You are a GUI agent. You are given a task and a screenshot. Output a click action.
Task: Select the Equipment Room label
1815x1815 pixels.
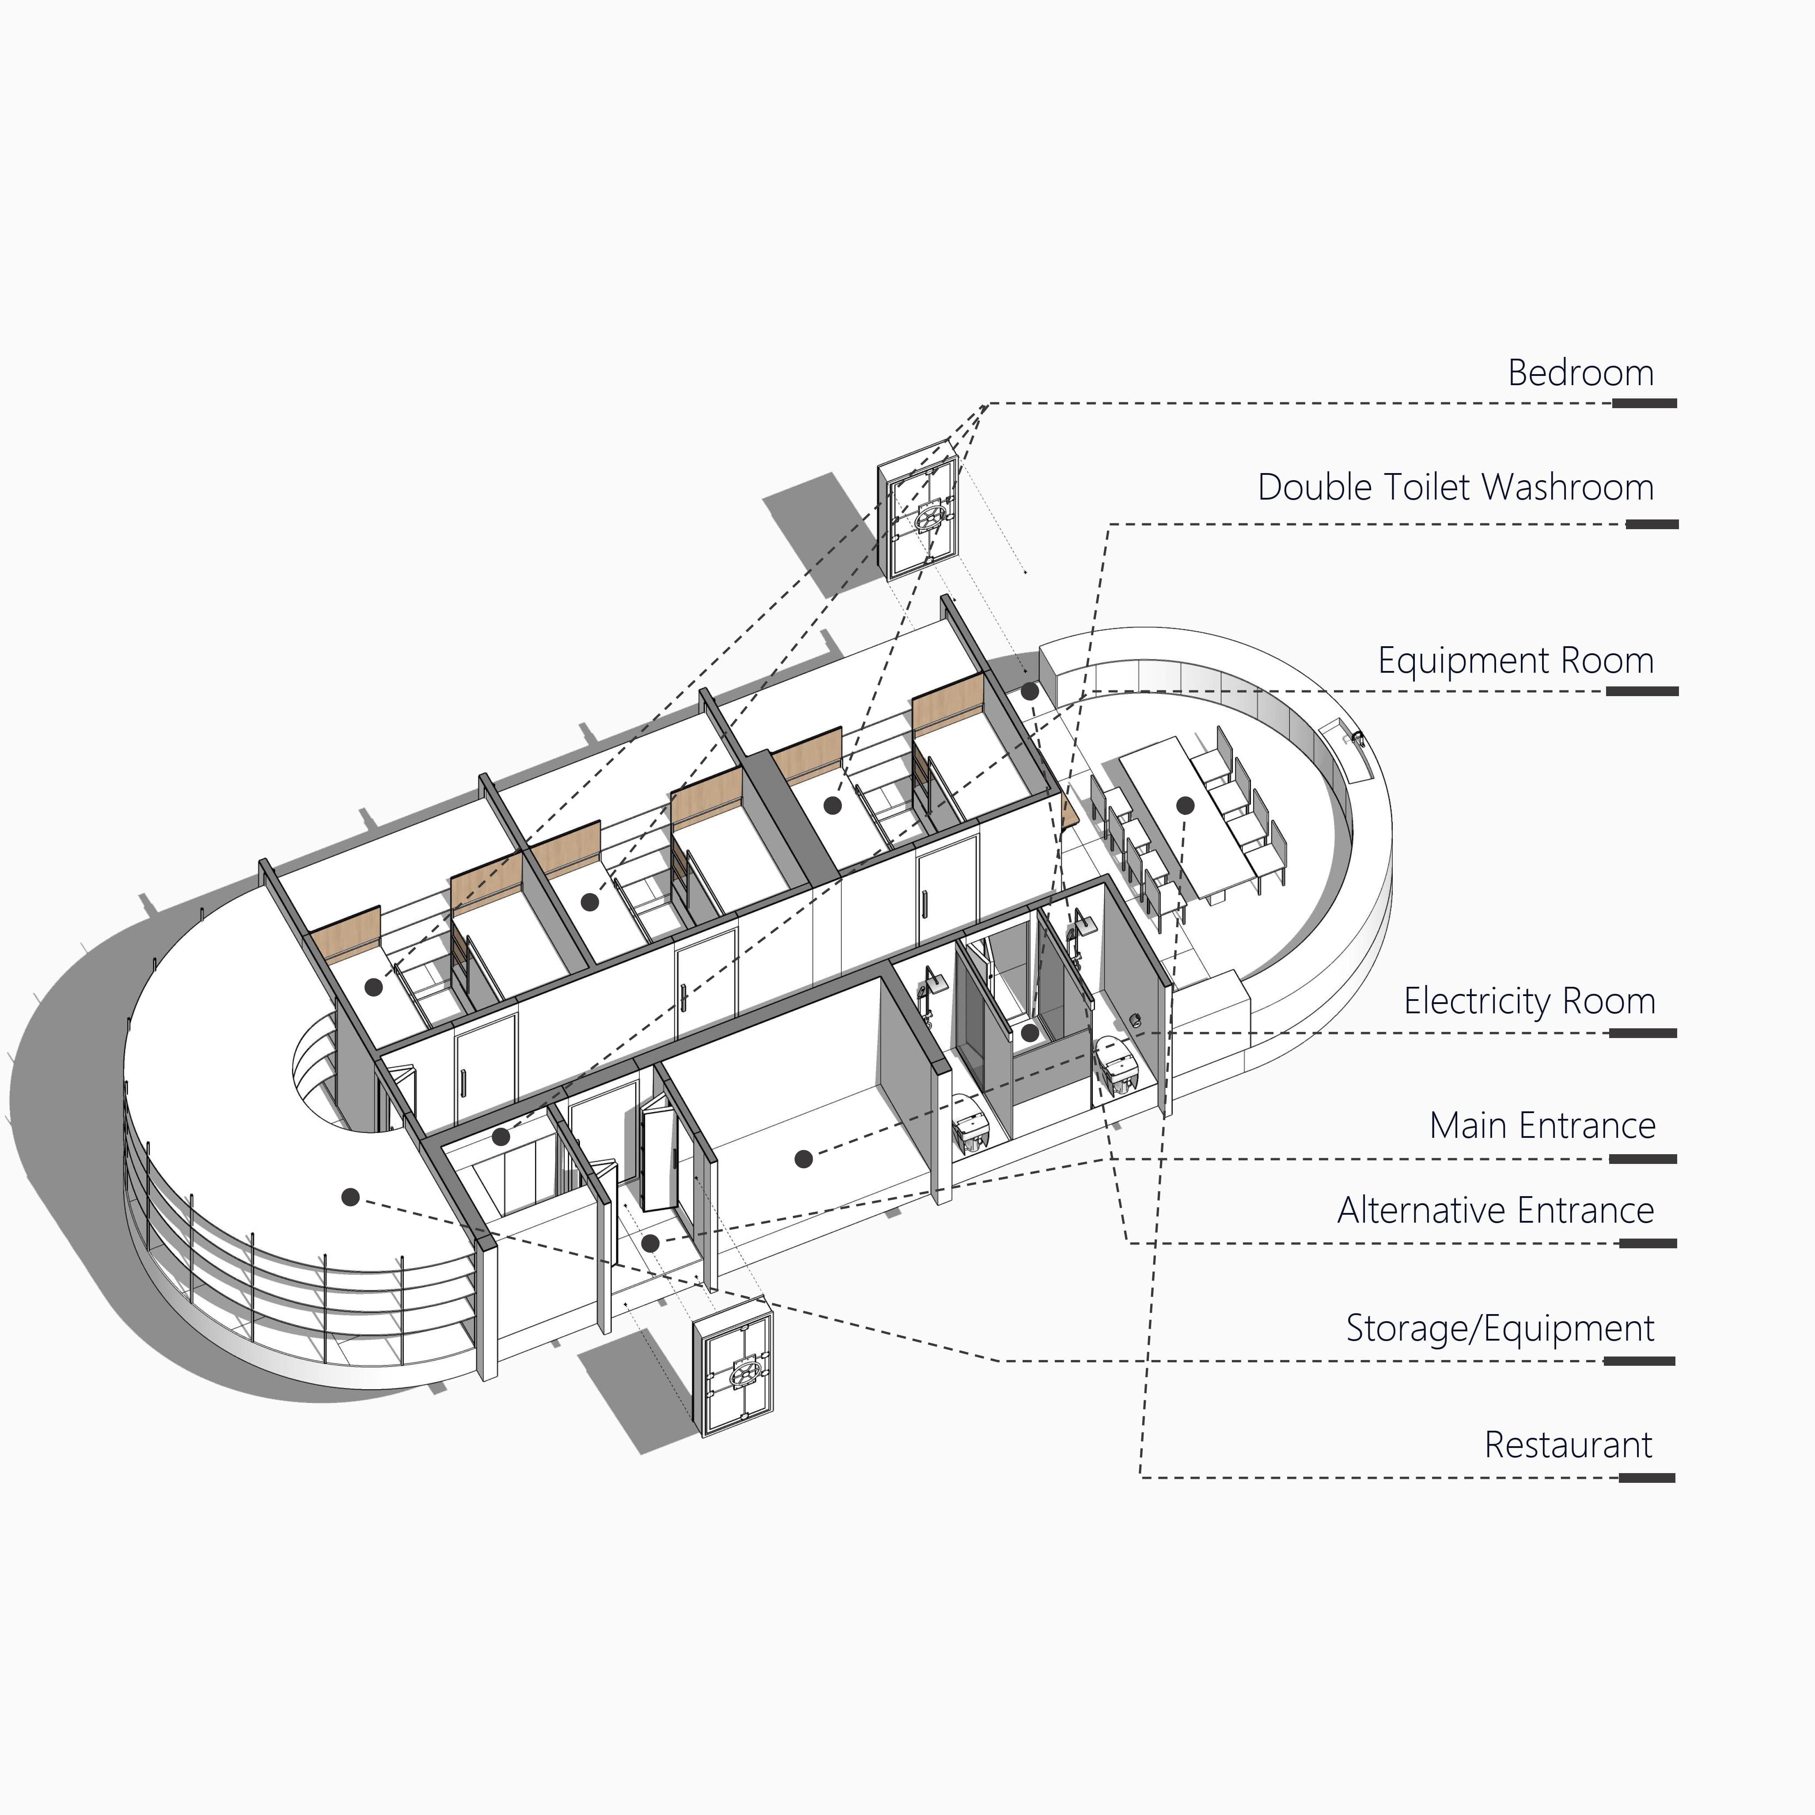point(1516,660)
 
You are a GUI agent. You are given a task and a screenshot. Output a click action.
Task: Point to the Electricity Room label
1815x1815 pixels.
point(1529,1001)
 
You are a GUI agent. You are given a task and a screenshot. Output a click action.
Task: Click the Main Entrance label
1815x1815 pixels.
point(1542,1125)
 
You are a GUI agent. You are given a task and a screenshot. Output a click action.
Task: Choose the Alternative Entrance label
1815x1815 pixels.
point(1496,1211)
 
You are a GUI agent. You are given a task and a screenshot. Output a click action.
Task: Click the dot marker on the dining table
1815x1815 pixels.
point(1186,805)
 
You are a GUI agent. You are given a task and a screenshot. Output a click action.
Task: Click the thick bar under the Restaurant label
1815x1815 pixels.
point(1647,1478)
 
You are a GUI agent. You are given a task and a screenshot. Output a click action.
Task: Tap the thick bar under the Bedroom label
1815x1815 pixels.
point(1645,403)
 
